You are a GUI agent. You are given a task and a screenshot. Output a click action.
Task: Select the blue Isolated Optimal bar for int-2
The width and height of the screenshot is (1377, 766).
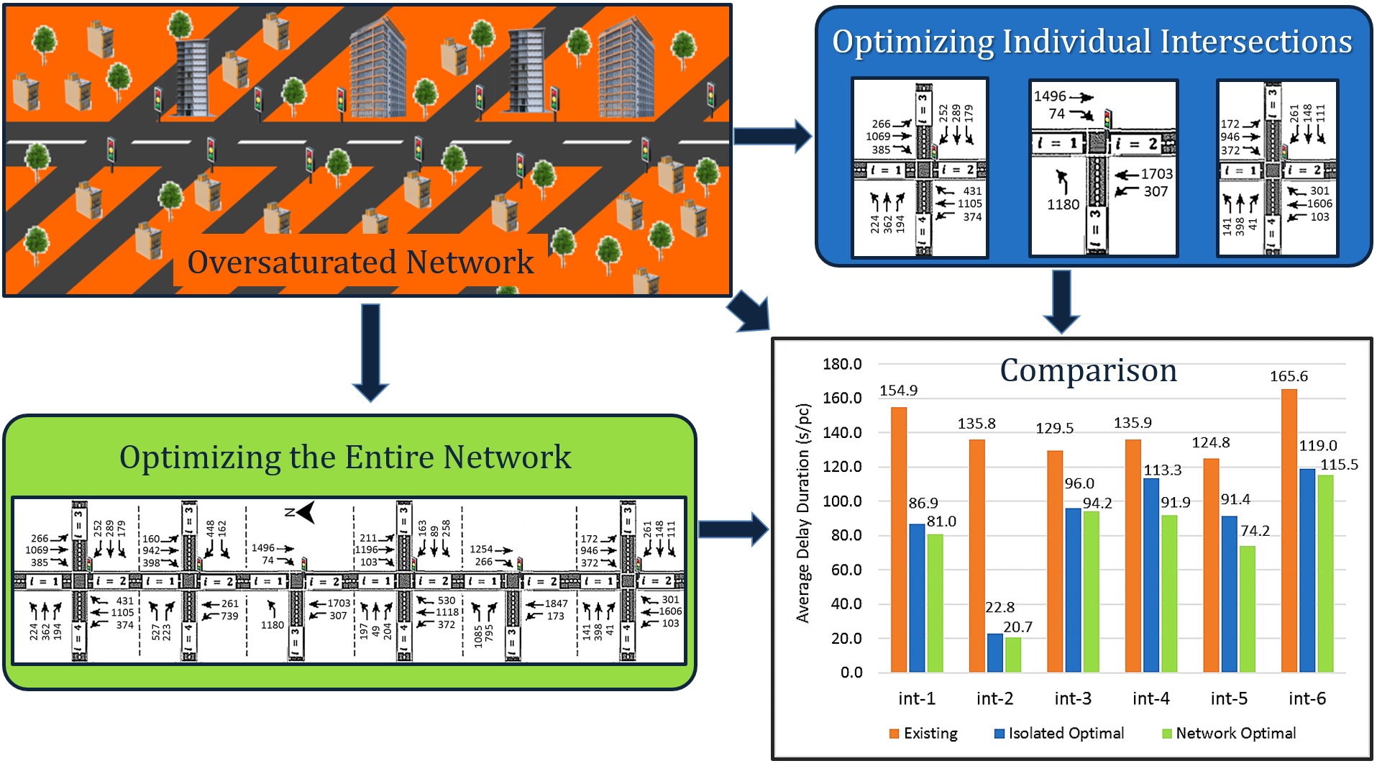click(x=994, y=652)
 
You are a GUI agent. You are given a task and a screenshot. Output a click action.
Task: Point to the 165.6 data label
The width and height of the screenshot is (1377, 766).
click(x=1289, y=376)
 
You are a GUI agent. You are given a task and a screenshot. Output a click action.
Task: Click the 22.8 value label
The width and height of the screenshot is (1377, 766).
click(x=999, y=607)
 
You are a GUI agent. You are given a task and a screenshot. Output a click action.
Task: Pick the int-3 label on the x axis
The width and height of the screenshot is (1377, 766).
click(x=1073, y=698)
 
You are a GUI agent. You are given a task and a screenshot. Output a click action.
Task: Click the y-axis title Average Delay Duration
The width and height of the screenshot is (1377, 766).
click(x=803, y=513)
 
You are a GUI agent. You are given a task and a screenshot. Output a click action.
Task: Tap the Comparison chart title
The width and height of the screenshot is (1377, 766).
click(x=1088, y=370)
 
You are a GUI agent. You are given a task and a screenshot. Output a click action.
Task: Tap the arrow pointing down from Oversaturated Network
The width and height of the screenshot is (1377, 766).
click(x=370, y=352)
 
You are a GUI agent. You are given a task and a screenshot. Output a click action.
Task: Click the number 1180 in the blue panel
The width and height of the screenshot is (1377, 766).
click(x=1063, y=205)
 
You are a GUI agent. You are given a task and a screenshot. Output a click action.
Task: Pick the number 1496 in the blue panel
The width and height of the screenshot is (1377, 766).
click(x=1050, y=96)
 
